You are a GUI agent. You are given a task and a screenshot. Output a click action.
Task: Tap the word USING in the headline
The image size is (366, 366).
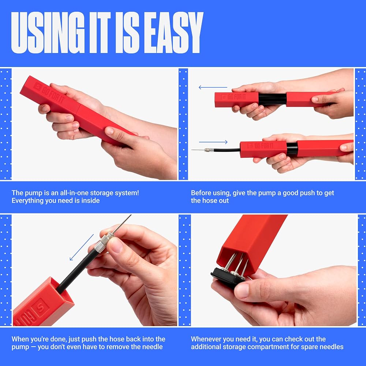tap(48, 33)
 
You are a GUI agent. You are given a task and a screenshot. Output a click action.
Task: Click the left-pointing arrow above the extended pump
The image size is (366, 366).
tap(213, 87)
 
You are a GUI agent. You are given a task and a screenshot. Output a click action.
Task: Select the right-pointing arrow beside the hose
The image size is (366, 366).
tap(213, 142)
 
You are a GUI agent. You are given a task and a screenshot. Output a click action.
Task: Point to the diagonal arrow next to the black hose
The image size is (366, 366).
tap(82, 247)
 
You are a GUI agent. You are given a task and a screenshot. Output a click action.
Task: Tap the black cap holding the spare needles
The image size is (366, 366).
tap(228, 277)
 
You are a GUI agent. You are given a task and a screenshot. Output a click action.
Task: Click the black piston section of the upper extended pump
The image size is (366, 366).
tap(272, 99)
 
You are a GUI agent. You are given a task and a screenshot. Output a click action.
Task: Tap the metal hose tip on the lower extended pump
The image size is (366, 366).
tap(209, 150)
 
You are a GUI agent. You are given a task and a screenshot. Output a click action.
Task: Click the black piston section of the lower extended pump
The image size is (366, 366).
tap(292, 149)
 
